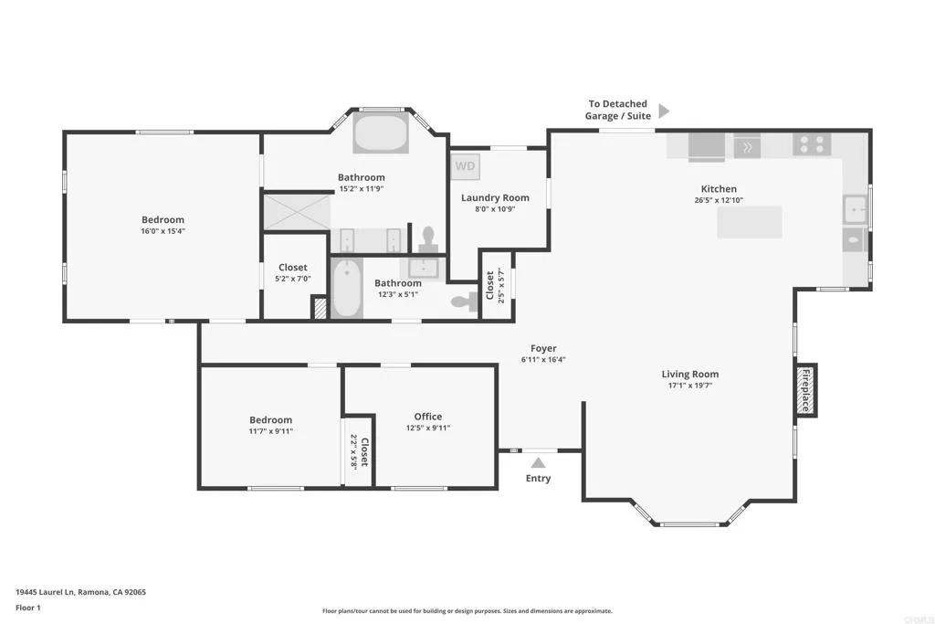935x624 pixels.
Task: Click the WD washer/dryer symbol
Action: pos(466,166)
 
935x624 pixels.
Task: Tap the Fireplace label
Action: pos(805,390)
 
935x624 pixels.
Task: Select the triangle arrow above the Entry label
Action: pos(539,462)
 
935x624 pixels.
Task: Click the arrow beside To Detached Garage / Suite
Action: pos(664,111)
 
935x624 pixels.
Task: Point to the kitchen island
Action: pos(749,222)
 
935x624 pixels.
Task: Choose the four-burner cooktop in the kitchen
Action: pos(812,144)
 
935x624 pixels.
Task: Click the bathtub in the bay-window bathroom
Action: pos(383,133)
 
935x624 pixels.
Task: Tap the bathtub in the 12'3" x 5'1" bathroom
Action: pos(346,289)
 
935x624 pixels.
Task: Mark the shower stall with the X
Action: pos(297,211)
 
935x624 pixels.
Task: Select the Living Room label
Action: pos(689,374)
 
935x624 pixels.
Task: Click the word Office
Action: pos(428,417)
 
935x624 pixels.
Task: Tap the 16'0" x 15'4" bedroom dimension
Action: pos(163,231)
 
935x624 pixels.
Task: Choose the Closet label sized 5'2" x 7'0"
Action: pos(292,268)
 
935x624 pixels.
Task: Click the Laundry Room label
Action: pos(495,197)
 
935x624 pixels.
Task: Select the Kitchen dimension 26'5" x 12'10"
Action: pos(719,200)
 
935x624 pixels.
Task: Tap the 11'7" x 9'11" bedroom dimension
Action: pos(270,431)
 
